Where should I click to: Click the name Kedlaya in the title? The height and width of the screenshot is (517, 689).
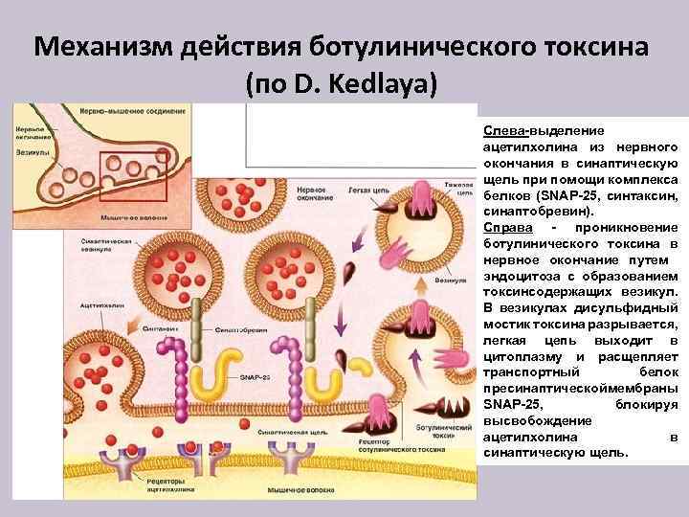coord(384,85)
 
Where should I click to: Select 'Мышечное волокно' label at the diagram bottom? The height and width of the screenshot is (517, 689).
coord(292,489)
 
